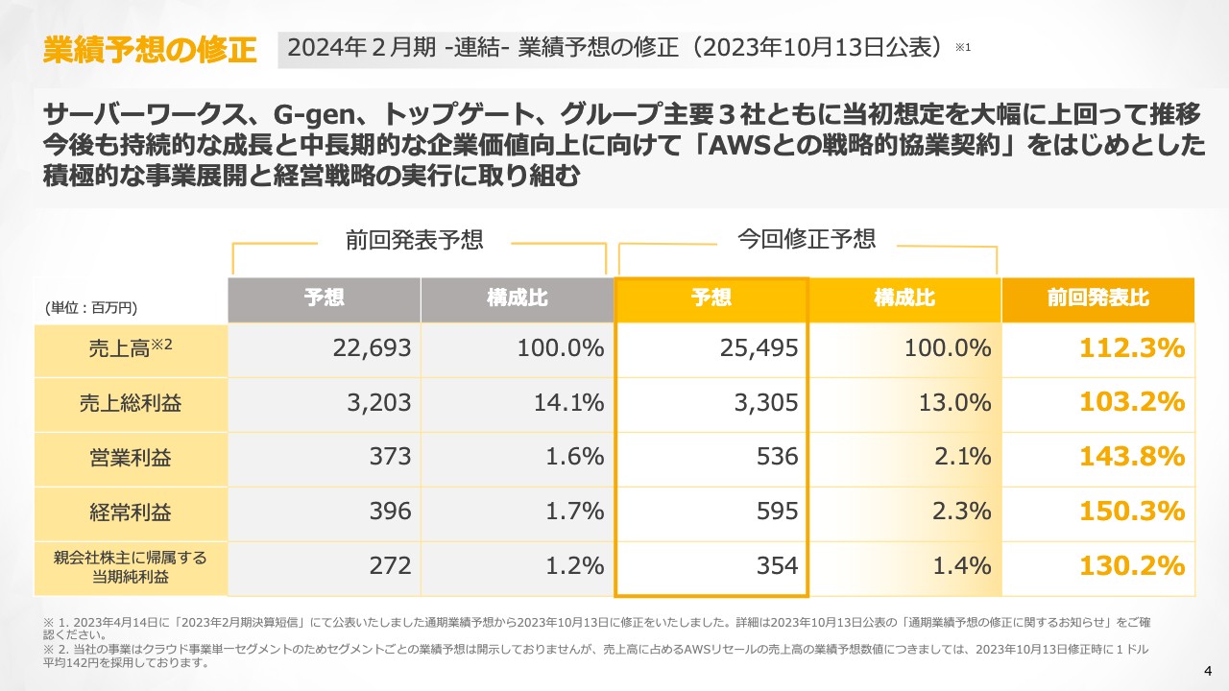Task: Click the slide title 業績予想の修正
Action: tap(150, 50)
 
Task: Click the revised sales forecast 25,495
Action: tap(759, 349)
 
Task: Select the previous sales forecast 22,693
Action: tap(372, 349)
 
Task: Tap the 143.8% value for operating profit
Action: tap(1132, 458)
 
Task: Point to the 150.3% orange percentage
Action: tap(1132, 512)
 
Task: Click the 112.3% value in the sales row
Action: tap(1132, 349)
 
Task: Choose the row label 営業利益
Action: tap(131, 459)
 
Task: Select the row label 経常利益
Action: tap(131, 512)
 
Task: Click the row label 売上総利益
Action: tap(131, 404)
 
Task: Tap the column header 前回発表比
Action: tap(1097, 298)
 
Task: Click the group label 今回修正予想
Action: tap(807, 238)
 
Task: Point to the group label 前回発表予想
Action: tap(415, 240)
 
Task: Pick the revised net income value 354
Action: tap(778, 566)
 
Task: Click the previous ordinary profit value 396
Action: tap(391, 512)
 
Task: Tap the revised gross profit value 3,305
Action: tap(765, 404)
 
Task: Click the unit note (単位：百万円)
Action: tap(91, 308)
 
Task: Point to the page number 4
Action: tap(1208, 669)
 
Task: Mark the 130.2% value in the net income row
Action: tap(1132, 566)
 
